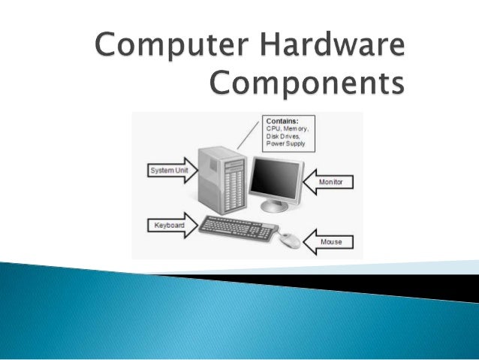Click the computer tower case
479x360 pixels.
[x=221, y=180]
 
